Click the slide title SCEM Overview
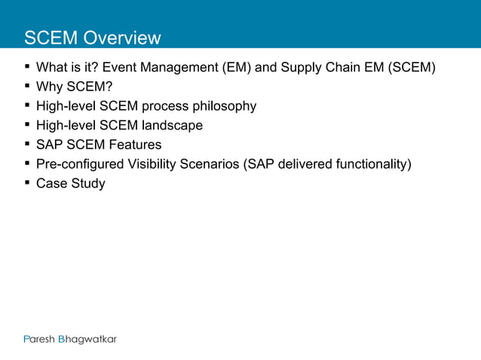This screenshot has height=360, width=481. pos(92,38)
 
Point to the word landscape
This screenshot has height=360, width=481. pos(173,126)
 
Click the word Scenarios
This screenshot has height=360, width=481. pos(210,164)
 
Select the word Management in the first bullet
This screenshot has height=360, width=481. pos(179,68)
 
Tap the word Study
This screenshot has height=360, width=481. pos(88,184)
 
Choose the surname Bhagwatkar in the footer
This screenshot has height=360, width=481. pos(88,339)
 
